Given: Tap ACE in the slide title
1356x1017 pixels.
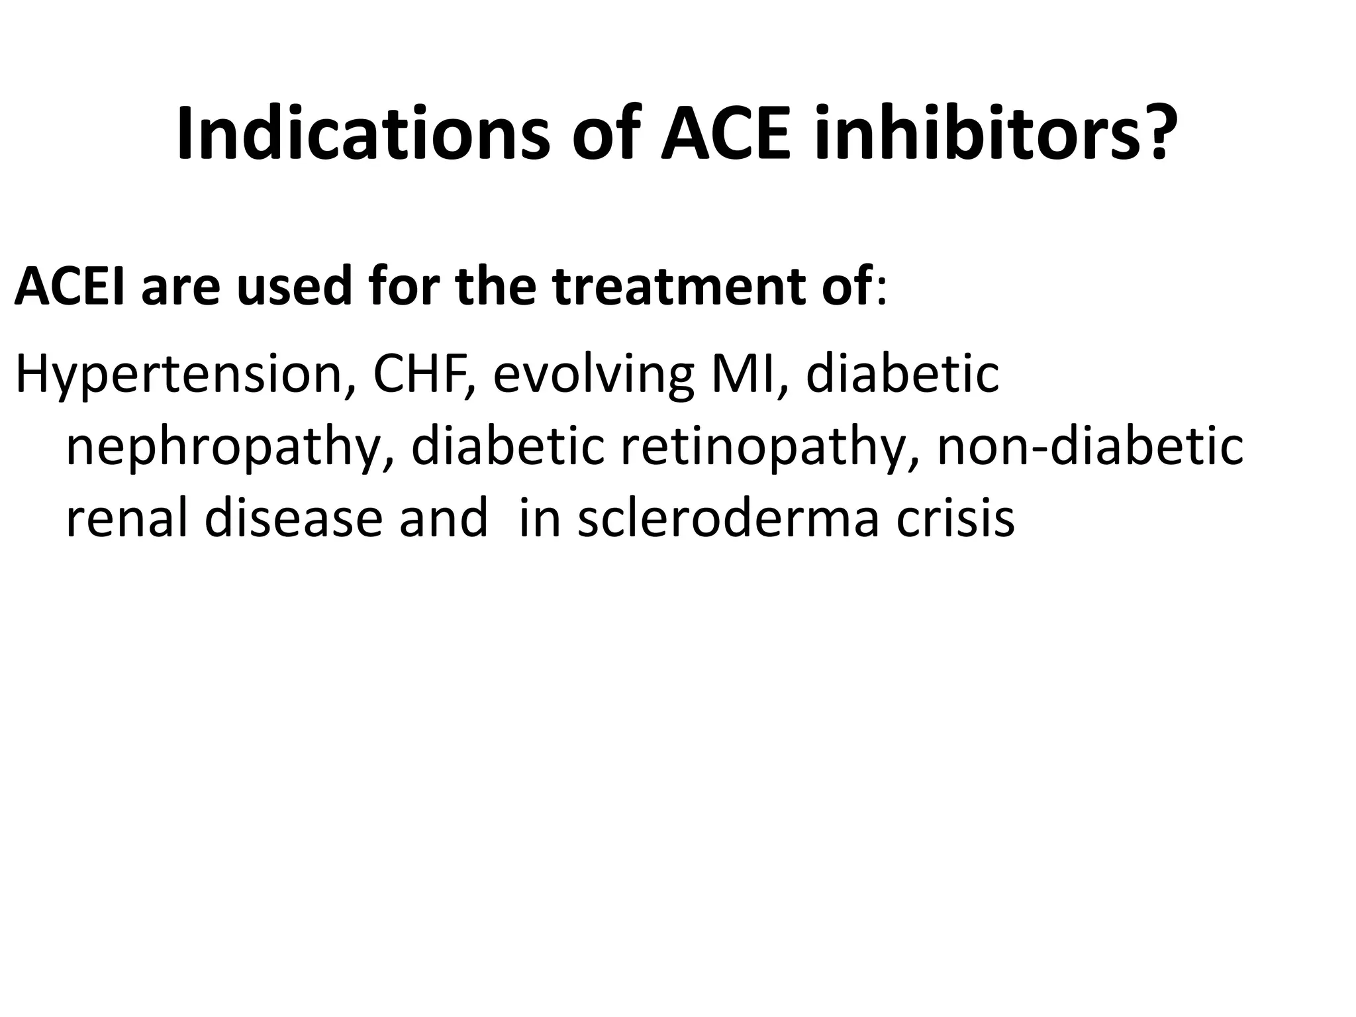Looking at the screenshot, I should pos(726,134).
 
